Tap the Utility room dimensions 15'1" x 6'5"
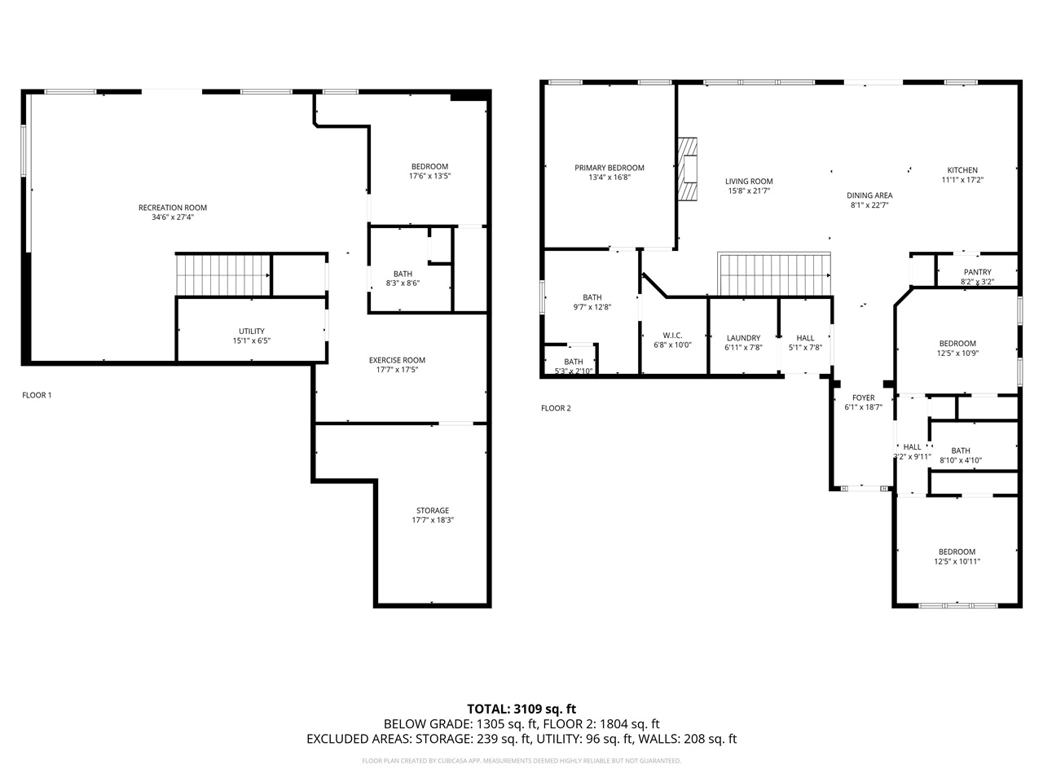[251, 340]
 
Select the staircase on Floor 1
[223, 275]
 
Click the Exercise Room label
[397, 360]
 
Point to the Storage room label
[433, 511]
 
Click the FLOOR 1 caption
[37, 395]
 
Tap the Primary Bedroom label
[609, 168]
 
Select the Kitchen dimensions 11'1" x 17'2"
[962, 180]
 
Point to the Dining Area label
[869, 195]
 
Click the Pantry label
[977, 272]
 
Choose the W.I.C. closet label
[672, 336]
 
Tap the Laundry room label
[743, 338]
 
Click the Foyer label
[864, 398]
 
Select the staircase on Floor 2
[774, 275]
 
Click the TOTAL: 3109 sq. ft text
[521, 709]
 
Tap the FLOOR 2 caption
[556, 408]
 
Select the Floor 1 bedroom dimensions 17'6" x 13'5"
[429, 175]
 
